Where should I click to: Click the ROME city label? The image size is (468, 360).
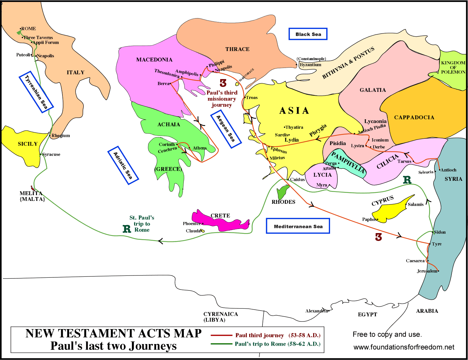tap(29, 29)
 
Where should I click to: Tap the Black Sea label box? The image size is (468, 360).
tap(308, 34)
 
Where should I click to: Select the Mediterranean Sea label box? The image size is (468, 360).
tap(298, 226)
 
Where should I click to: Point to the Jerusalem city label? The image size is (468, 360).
tap(427, 271)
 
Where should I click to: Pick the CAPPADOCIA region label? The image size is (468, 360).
tap(414, 117)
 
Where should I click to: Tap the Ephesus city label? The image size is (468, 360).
tap(279, 150)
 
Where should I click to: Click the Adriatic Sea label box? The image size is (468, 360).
tap(123, 165)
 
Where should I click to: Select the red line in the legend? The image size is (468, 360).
tap(221, 335)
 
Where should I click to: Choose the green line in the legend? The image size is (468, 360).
tap(221, 344)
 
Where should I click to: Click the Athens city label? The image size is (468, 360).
tap(200, 148)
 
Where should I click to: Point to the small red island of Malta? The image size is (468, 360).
tap(33, 189)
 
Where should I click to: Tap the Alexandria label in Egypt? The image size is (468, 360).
tap(316, 311)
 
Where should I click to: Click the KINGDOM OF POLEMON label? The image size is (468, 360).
tap(453, 67)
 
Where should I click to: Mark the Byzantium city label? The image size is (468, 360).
tap(311, 65)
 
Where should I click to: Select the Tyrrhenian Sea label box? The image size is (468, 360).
tap(36, 92)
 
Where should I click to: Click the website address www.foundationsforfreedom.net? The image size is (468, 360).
tap(404, 347)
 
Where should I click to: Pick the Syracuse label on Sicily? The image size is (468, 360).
tap(51, 154)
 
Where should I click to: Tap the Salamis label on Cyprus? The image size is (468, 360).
tap(416, 204)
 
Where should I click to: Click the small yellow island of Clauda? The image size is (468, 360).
tap(202, 231)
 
